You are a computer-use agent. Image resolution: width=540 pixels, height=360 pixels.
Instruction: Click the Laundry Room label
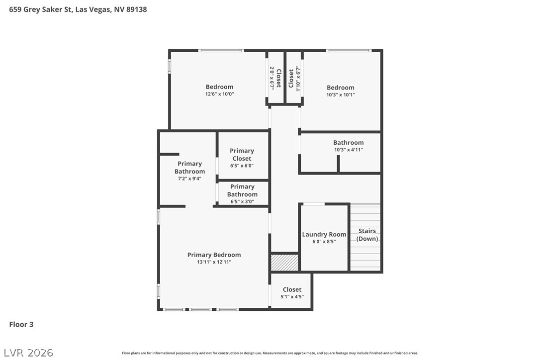coord(324,235)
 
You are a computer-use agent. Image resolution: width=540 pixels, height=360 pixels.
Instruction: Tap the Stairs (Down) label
coord(367,235)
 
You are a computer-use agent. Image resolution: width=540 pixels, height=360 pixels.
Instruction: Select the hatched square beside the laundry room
coord(284,263)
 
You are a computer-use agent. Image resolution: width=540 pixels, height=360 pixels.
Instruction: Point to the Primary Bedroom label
coord(214,255)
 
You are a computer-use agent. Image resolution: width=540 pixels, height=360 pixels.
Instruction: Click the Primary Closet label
coord(242,155)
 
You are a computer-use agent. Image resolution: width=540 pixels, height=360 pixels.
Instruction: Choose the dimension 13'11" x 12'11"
coord(214,262)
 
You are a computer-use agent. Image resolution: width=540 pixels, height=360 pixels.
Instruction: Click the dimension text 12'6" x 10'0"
coord(219,94)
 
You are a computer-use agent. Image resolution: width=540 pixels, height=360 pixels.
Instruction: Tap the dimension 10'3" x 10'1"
coord(340,95)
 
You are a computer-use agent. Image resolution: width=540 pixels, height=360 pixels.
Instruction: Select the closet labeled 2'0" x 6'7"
coord(275,78)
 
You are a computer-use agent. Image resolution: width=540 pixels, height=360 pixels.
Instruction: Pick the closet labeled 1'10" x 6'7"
coord(294,79)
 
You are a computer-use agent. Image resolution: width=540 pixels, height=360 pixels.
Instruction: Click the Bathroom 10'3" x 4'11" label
coord(348,146)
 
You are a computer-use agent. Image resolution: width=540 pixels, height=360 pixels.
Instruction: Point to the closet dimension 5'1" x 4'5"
coord(292,297)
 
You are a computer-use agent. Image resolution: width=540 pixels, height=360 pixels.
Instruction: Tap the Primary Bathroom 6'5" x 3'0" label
coord(242,194)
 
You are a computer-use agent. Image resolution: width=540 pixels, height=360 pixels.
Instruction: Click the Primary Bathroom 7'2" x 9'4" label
coord(189,171)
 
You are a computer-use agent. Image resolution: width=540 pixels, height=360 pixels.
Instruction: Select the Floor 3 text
coord(21,324)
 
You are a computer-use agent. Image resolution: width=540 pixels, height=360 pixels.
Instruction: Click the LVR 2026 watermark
coord(28,353)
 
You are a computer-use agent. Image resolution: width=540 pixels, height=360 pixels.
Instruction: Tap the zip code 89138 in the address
coord(136,9)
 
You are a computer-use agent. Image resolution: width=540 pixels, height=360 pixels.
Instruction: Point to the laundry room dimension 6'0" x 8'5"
coord(324,242)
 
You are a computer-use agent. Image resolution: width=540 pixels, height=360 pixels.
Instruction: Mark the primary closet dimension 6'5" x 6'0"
coord(242,166)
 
